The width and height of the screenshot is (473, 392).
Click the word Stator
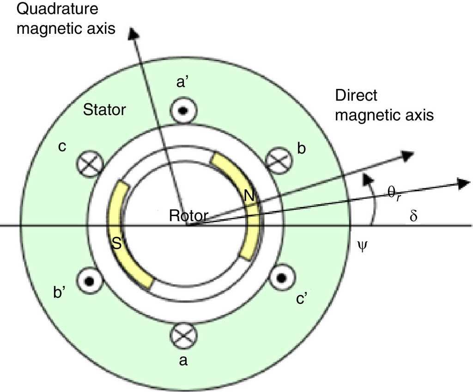coord(104,110)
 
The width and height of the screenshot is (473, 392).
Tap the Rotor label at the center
coord(188,215)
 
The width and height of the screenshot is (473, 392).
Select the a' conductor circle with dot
coord(183,111)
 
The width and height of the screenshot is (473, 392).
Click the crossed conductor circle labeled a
coord(183,335)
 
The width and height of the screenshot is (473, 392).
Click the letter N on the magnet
coord(249,196)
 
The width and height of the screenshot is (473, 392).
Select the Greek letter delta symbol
coord(413,216)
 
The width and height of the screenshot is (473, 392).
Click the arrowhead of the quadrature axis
coord(133,33)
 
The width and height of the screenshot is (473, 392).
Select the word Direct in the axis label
coord(356,96)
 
